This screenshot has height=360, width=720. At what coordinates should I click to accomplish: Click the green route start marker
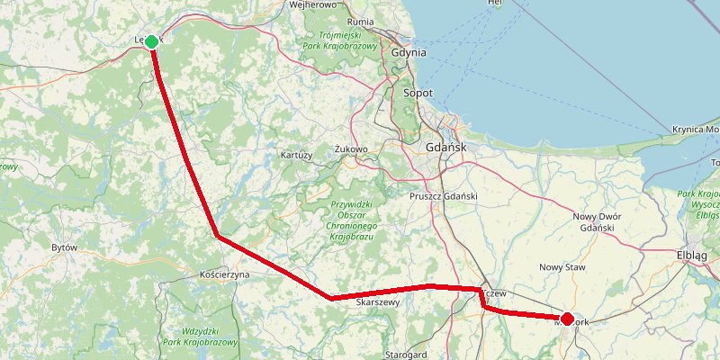152,41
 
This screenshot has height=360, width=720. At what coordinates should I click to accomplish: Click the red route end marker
567,318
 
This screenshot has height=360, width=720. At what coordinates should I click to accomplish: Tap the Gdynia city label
409,53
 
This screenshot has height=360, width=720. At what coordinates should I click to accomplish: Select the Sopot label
418,94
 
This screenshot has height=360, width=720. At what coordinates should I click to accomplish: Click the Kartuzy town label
296,155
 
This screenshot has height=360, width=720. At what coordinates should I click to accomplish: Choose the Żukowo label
351,148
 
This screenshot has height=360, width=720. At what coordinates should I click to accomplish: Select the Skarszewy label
378,303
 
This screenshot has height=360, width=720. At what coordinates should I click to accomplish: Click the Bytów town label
64,247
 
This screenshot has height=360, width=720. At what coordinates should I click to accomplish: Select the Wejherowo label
312,4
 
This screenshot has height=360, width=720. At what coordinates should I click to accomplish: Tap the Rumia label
360,22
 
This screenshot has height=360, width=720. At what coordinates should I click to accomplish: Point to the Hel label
494,4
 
